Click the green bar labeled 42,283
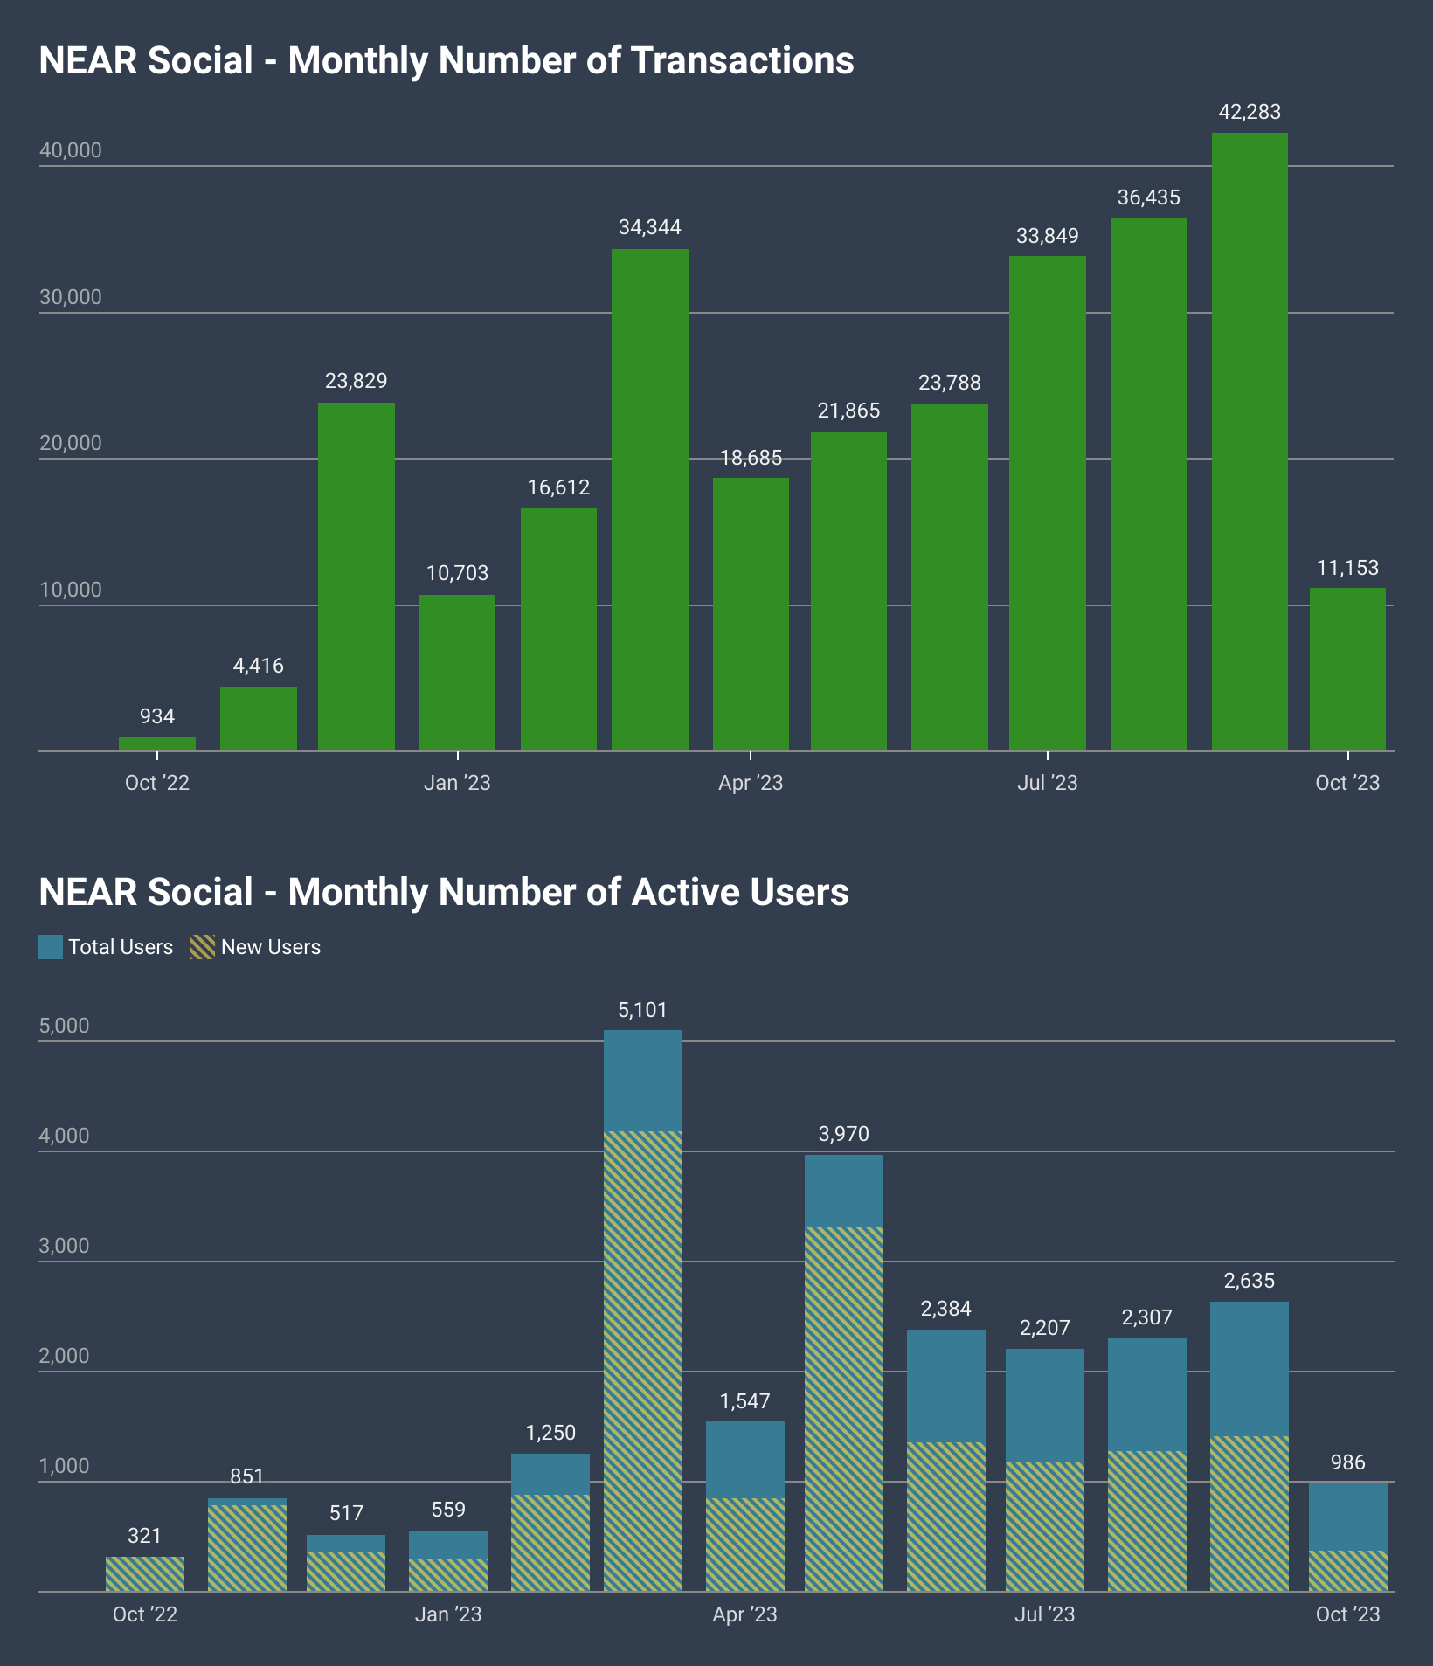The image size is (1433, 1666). click(x=1250, y=441)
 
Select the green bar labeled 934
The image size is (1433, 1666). click(x=157, y=744)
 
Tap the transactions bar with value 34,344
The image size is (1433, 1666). click(x=649, y=500)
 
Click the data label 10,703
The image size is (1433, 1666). click(x=457, y=573)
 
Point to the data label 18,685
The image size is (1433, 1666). click(x=751, y=458)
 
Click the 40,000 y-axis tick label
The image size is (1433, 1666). click(x=71, y=150)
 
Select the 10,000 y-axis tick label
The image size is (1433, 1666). click(x=71, y=590)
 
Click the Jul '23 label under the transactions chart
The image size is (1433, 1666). click(x=1047, y=783)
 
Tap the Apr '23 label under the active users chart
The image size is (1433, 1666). click(x=744, y=1614)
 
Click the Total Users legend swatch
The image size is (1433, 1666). click(x=51, y=947)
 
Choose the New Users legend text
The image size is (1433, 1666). click(x=271, y=947)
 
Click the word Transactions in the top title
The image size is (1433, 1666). click(x=742, y=60)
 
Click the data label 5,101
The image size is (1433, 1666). click(x=642, y=1010)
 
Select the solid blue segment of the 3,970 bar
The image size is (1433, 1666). click(x=843, y=1191)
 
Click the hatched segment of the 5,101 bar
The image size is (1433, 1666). click(x=642, y=1360)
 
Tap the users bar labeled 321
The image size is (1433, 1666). click(x=145, y=1573)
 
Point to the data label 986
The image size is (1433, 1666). click(x=1347, y=1462)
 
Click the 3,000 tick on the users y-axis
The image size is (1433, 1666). click(x=64, y=1246)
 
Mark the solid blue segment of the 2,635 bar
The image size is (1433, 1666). click(x=1249, y=1368)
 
